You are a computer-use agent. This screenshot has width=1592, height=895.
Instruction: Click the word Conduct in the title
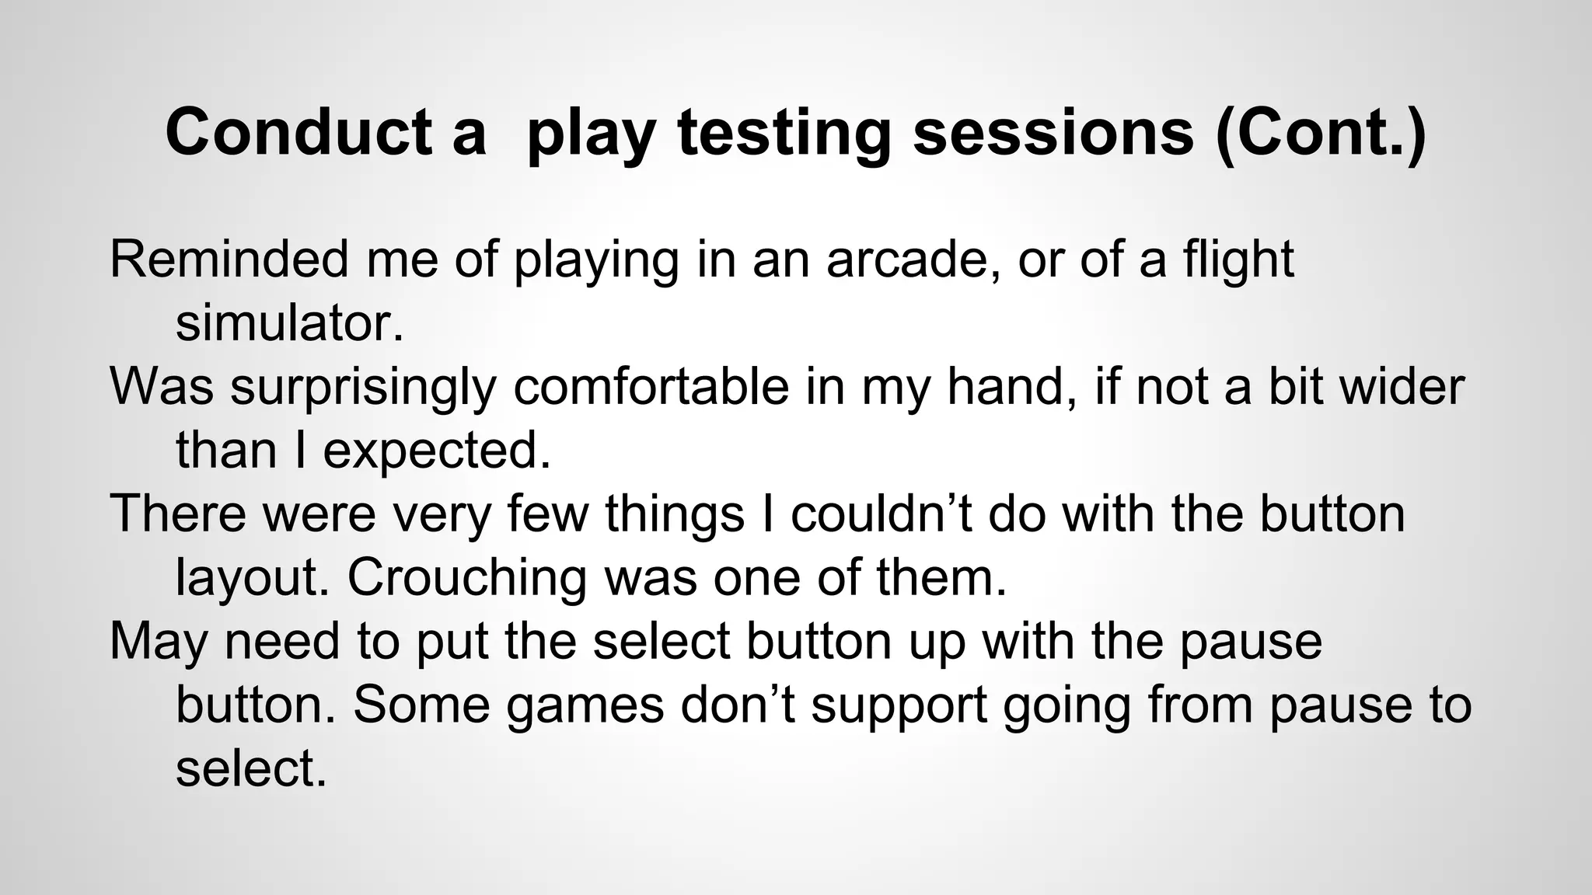[298, 132]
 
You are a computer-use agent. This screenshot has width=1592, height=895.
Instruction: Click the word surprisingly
[362, 386]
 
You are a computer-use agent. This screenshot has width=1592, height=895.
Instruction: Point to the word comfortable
[651, 386]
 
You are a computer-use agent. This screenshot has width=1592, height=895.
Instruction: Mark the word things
[675, 514]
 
